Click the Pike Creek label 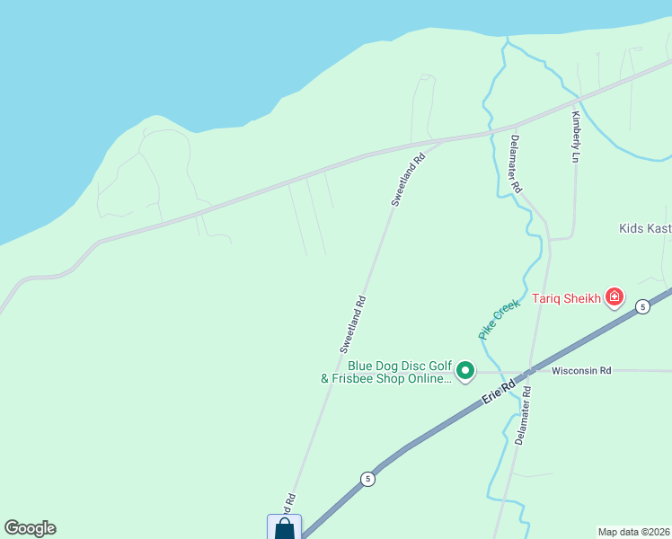coord(499,319)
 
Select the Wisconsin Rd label coord(581,370)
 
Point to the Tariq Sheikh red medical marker coord(615,296)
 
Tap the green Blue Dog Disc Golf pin coord(465,370)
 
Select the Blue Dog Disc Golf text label coord(399,372)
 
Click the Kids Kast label coord(645,228)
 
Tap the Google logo coord(30,528)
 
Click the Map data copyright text coord(634,532)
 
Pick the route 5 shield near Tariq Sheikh coord(642,307)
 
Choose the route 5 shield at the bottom coord(367,479)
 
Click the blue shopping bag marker coord(284,527)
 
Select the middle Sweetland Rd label coord(353,323)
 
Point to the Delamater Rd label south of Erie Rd coord(523,416)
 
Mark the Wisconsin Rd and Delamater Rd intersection coord(532,370)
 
